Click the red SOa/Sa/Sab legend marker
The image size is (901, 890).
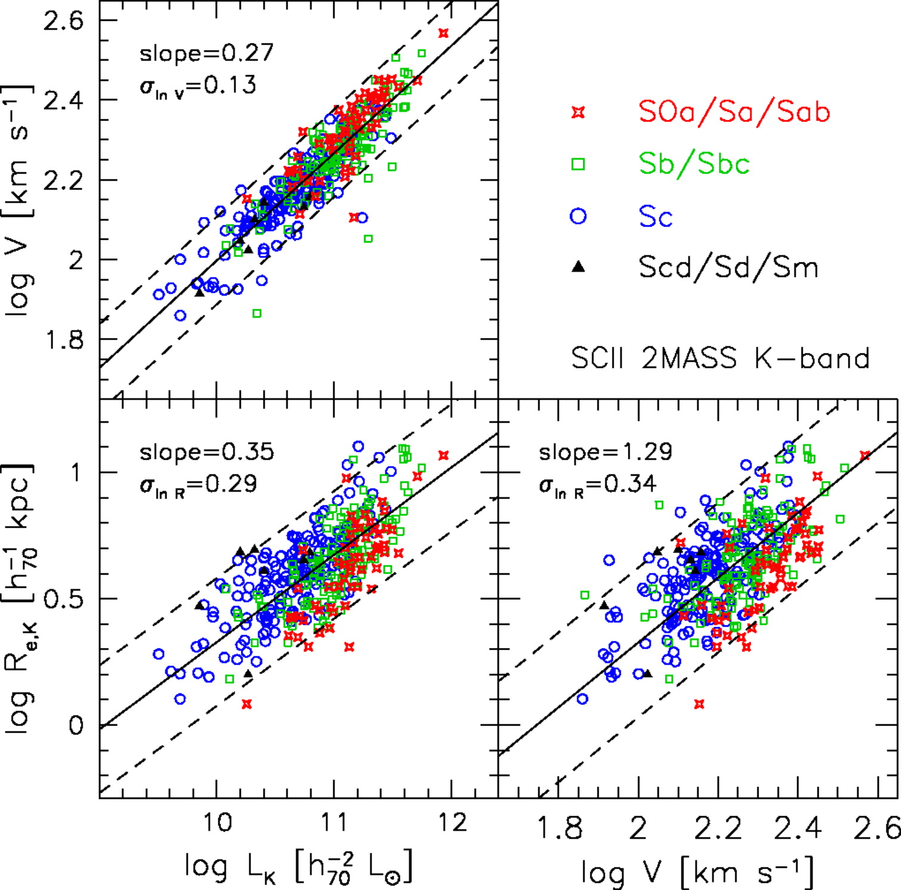tap(578, 112)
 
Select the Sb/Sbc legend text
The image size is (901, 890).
tap(694, 163)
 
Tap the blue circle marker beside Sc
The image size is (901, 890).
tap(578, 215)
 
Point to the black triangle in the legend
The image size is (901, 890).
tap(578, 267)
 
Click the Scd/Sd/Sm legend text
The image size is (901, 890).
tap(728, 267)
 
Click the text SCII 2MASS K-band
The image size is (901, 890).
tap(720, 358)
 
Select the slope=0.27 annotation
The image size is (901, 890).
tap(206, 54)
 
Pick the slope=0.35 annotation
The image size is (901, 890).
tap(206, 452)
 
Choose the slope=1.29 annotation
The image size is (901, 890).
tap(605, 452)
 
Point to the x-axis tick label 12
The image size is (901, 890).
tap(451, 823)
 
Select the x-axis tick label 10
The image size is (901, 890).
tap(217, 823)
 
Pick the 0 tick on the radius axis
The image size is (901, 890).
tap(76, 725)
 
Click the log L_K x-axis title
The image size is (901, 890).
tap(298, 867)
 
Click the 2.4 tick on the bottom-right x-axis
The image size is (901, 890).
tap(797, 829)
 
